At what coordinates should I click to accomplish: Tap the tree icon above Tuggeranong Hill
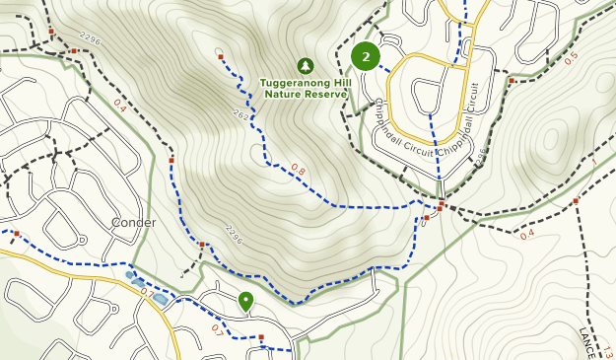point(305,65)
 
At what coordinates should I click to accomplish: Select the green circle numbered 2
point(366,57)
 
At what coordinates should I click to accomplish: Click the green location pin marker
point(245,301)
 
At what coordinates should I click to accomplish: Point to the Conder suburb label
point(133,222)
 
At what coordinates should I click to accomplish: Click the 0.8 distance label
point(298,172)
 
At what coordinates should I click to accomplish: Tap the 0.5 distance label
point(572,58)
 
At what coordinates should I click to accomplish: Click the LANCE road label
point(585,343)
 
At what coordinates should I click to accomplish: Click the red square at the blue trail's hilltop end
point(220,57)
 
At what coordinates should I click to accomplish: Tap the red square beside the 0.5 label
point(512,81)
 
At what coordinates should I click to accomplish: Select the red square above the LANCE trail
point(576,201)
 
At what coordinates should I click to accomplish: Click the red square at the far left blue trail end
point(17,234)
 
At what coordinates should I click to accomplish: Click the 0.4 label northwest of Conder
point(119,104)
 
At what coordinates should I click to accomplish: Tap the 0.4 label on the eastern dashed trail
point(527,234)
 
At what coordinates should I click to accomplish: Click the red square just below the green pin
point(261,337)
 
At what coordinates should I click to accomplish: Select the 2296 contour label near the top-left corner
point(89,40)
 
